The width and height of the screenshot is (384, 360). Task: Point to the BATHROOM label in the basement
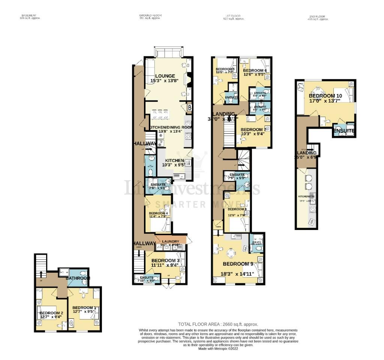point(78,278)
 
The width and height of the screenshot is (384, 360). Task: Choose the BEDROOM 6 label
point(255,70)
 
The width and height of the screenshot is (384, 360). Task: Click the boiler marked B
point(190,108)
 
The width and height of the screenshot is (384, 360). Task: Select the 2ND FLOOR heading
point(318,16)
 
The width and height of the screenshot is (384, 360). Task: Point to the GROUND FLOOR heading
point(150,16)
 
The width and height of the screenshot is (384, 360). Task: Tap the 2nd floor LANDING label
point(307,153)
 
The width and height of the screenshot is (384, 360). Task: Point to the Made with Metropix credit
point(218,348)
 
